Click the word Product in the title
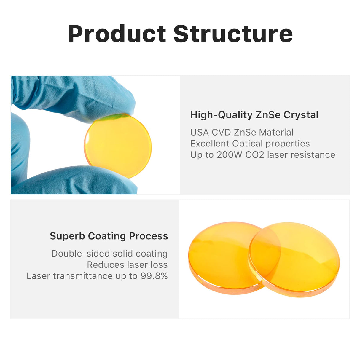pos(117,34)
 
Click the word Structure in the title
pos(233,34)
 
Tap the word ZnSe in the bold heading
pos(268,114)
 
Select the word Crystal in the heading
pos(301,115)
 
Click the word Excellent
pos(210,144)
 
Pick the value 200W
pos(229,155)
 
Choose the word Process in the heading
pos(149,236)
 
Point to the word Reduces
pos(106,265)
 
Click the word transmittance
pos(83,276)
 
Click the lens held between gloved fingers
pos(118,146)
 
